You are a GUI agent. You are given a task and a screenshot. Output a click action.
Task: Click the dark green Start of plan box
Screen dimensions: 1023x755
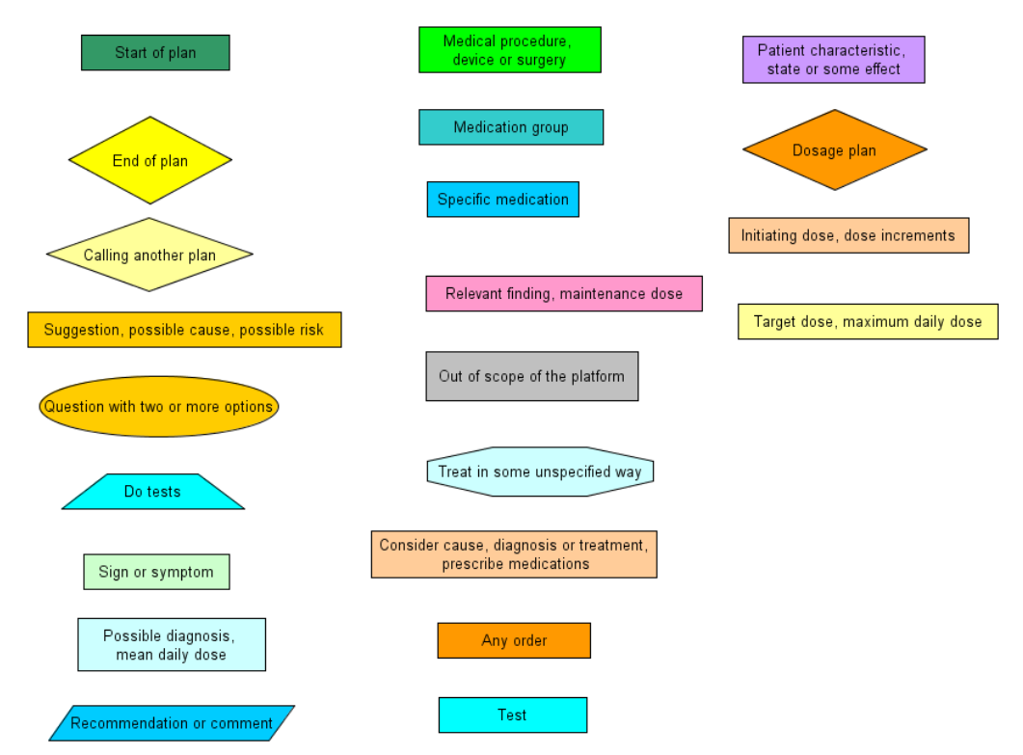coord(155,52)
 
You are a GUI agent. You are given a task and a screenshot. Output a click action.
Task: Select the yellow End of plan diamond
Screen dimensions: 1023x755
coord(150,160)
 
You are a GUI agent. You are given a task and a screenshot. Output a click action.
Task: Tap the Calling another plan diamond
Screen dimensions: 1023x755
coord(149,255)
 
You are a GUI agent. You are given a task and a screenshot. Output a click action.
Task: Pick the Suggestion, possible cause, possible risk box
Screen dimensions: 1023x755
coord(184,330)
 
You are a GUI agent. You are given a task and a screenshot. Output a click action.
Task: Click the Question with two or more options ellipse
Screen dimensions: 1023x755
coord(158,406)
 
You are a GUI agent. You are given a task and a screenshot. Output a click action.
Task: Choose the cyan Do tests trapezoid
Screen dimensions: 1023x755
coord(152,492)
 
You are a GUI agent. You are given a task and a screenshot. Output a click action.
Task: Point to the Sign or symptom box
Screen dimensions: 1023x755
coord(156,572)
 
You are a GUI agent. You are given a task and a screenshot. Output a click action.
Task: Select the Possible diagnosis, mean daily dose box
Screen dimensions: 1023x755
coord(172,645)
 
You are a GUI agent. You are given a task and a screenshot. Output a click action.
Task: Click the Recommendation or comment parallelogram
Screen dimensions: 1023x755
coord(172,723)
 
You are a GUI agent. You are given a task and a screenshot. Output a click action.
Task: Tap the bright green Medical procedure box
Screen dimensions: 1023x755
coord(509,49)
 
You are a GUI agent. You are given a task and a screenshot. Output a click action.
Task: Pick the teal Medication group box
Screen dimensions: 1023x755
coord(511,127)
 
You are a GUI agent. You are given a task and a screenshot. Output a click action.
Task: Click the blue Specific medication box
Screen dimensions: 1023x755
coord(503,199)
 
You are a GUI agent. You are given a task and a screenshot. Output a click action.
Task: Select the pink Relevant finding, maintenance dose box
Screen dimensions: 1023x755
coord(564,294)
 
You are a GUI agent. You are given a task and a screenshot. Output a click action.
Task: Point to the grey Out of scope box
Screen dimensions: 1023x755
coord(532,376)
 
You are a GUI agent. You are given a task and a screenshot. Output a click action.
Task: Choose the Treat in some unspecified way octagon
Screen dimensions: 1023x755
coord(540,472)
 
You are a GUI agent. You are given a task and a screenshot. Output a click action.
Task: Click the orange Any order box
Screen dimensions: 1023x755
coord(514,640)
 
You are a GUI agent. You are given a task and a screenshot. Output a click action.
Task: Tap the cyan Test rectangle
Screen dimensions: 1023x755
coord(513,715)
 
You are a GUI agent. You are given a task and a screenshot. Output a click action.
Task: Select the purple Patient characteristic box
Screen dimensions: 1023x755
coord(834,60)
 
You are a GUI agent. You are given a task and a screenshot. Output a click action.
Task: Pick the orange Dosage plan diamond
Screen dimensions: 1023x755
coord(834,150)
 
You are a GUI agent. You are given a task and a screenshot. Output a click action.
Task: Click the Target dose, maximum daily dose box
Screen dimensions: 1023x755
coord(868,322)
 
